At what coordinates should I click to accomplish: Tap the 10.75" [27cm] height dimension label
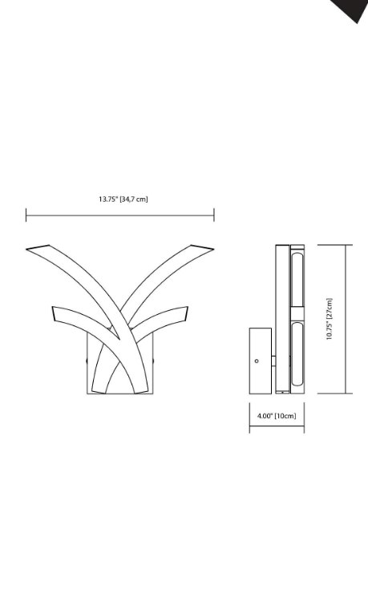pyautogui.click(x=330, y=319)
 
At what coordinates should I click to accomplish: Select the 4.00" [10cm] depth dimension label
pyautogui.click(x=277, y=416)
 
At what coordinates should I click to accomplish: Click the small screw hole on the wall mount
pyautogui.click(x=257, y=361)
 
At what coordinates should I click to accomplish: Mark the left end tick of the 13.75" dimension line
pyautogui.click(x=26, y=215)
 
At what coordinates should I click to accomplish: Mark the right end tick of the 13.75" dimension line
pyautogui.click(x=214, y=215)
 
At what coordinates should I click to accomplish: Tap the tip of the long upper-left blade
pyautogui.click(x=29, y=248)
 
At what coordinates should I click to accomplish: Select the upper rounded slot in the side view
pyautogui.click(x=297, y=277)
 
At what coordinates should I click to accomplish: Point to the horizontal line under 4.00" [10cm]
pyautogui.click(x=277, y=428)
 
